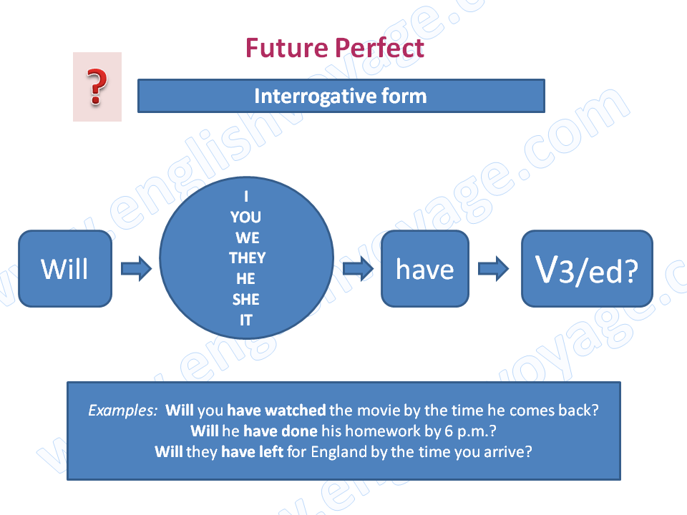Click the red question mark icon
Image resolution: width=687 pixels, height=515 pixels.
(x=97, y=87)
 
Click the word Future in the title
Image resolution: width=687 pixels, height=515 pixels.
(x=286, y=48)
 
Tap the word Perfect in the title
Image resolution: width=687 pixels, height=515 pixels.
(x=380, y=48)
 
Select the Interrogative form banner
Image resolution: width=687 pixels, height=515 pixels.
(x=341, y=96)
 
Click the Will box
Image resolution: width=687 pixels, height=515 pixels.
(x=65, y=268)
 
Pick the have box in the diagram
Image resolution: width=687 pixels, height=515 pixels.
(x=425, y=268)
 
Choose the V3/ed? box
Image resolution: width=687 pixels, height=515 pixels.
(x=587, y=268)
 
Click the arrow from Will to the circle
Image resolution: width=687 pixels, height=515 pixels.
(x=136, y=268)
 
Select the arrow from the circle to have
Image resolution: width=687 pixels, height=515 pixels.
(x=358, y=268)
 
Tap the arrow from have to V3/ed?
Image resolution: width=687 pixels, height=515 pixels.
(x=493, y=268)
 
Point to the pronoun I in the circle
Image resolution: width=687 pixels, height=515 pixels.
(x=246, y=196)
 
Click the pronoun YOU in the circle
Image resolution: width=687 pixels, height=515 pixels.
(x=245, y=217)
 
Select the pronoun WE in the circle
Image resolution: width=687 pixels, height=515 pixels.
(x=248, y=237)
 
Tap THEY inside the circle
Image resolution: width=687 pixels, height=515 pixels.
(x=247, y=258)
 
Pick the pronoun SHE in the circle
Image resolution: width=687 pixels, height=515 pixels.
(x=245, y=300)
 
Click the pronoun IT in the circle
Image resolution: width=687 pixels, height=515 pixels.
(x=246, y=320)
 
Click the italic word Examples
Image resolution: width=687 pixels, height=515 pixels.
(x=122, y=411)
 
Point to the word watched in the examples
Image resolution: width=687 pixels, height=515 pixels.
(x=296, y=411)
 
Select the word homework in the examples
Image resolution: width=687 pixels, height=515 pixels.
(x=383, y=431)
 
